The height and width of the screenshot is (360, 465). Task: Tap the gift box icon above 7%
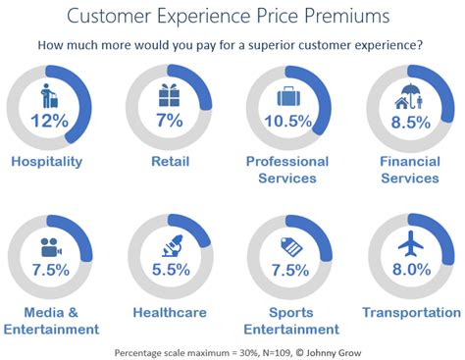[x=169, y=95]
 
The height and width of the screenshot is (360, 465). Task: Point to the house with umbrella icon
[x=409, y=96]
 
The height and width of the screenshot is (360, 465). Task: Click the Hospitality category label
[x=48, y=162]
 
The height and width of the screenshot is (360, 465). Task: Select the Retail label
[x=169, y=162]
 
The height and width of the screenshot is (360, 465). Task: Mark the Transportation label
[x=410, y=312]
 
